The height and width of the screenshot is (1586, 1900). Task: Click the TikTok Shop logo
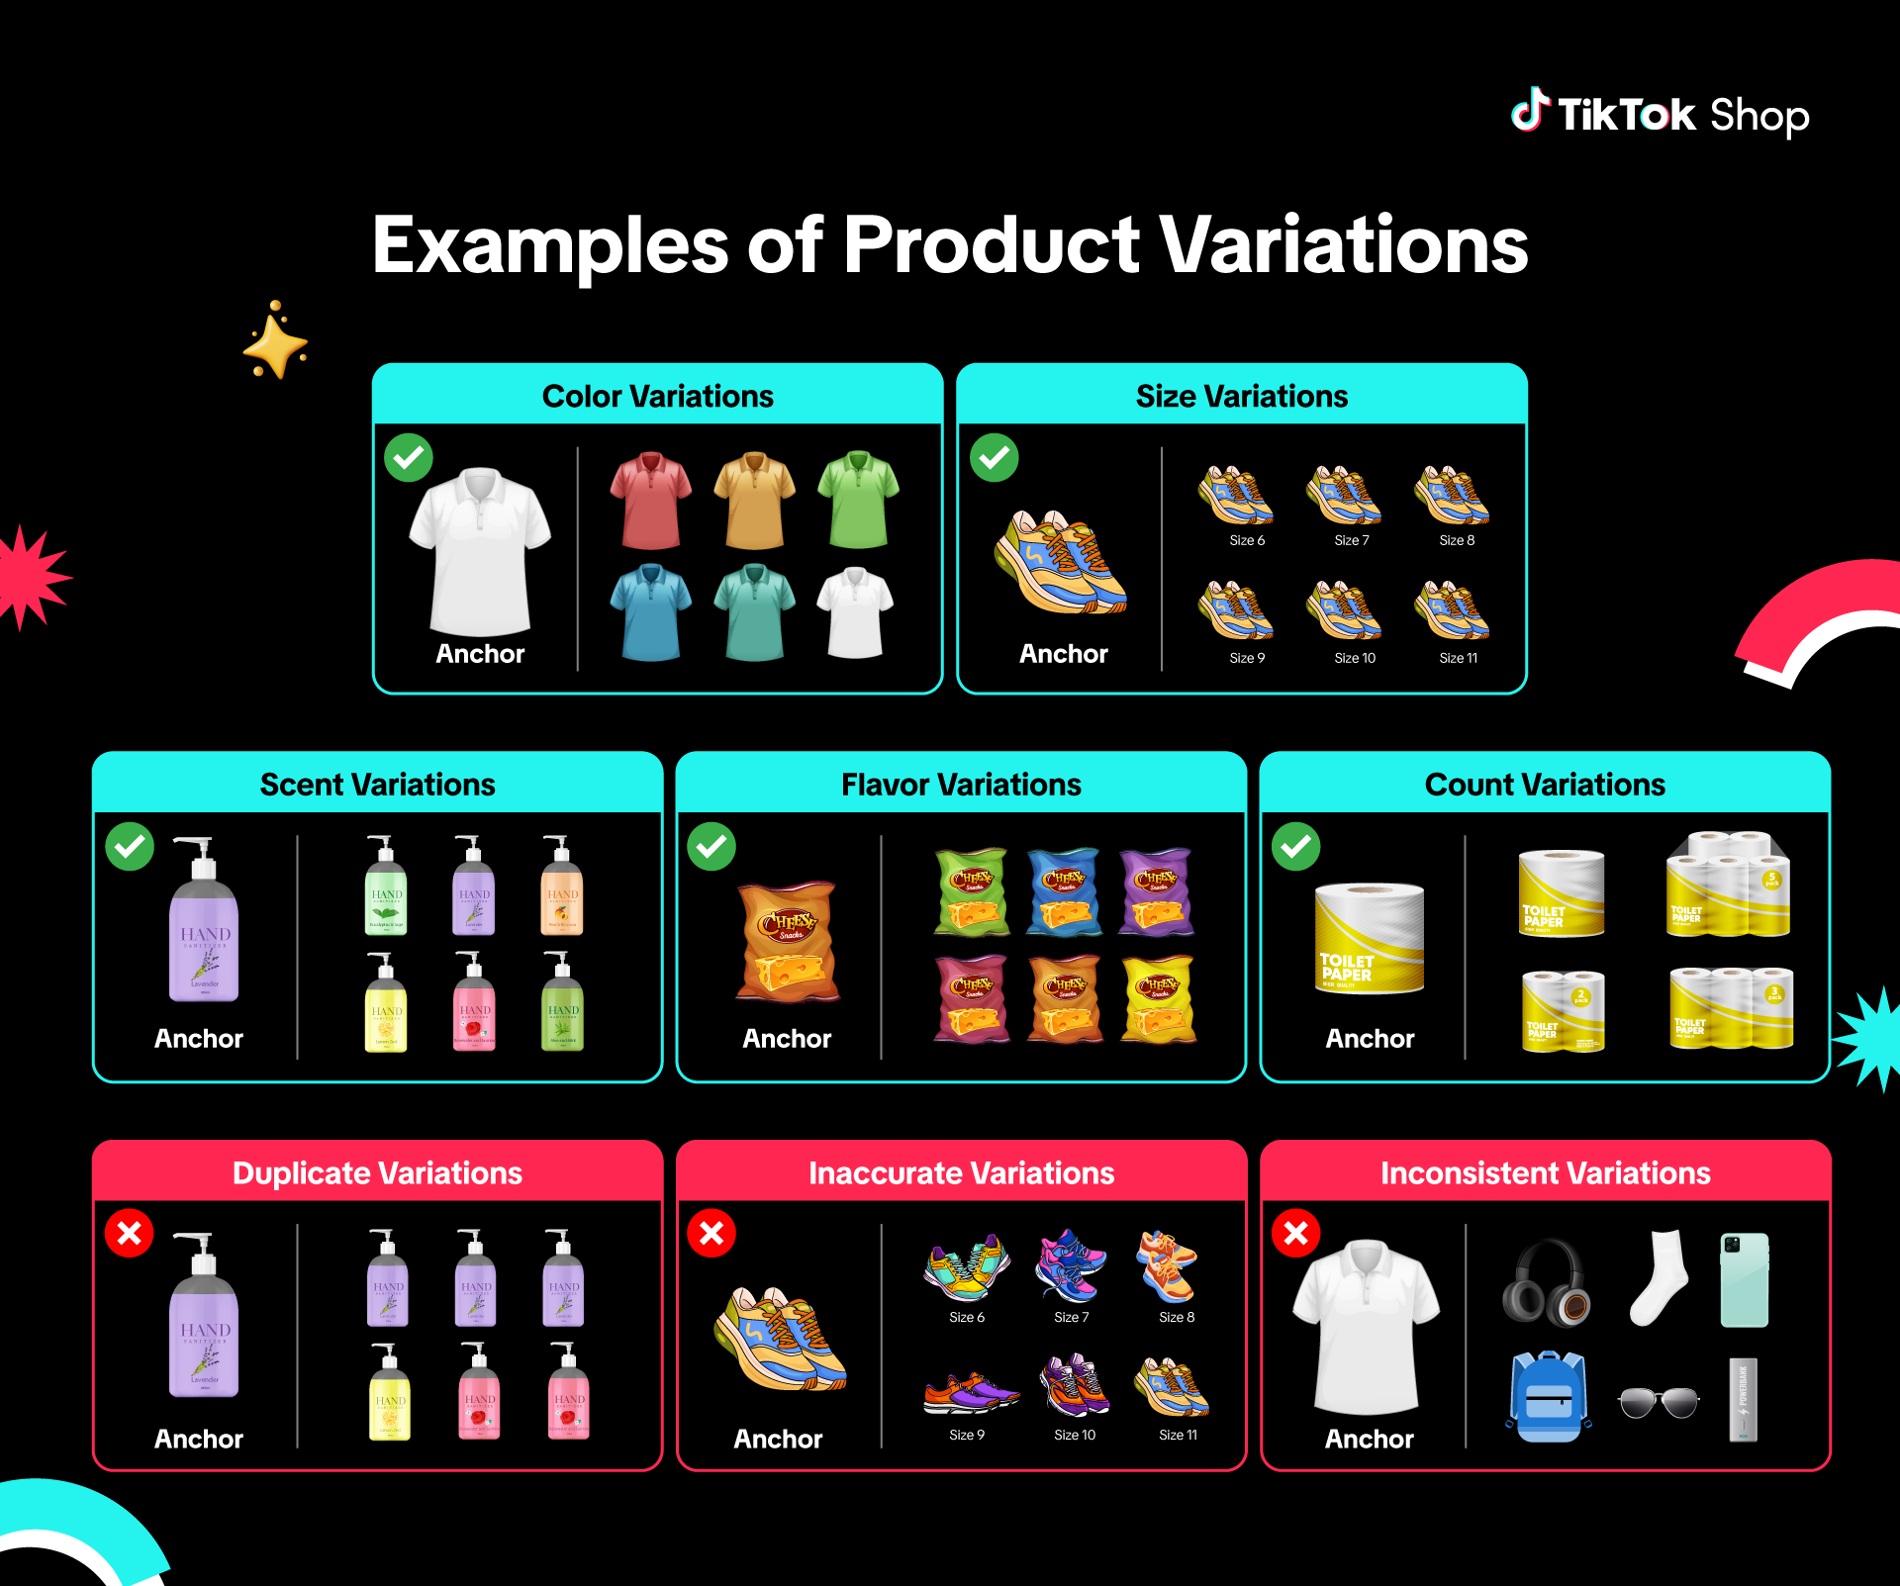tap(1660, 115)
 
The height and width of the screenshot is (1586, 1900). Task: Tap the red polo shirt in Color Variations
tap(650, 500)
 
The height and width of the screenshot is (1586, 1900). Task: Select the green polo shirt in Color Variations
tap(858, 500)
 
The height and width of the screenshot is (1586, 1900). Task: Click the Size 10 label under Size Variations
tap(1354, 658)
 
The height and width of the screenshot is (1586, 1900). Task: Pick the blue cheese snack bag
tap(1064, 891)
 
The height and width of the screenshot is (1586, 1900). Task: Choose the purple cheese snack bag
tap(1156, 891)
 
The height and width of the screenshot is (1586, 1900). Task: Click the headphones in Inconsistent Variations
tap(1545, 1283)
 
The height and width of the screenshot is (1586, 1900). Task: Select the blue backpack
tap(1548, 1397)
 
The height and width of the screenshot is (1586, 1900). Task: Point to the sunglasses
tap(1659, 1402)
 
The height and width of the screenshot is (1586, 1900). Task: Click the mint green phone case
tap(1745, 1279)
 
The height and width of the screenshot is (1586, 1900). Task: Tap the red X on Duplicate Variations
tap(130, 1234)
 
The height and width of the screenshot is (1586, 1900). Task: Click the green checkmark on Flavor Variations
tap(712, 847)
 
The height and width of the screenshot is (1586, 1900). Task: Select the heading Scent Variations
tap(377, 785)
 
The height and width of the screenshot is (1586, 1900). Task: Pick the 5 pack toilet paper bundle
tap(1728, 885)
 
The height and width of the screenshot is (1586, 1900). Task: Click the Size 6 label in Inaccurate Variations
tap(967, 1317)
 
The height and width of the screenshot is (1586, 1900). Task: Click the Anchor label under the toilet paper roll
tap(1370, 1039)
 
